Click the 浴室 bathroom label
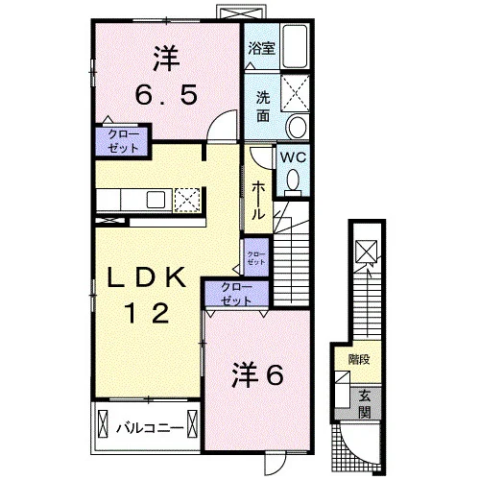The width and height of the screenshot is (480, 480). (x=262, y=48)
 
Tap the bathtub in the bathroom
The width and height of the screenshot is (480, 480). (x=295, y=46)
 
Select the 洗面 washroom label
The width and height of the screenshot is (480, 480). (x=263, y=107)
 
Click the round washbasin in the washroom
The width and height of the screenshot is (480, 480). (x=298, y=126)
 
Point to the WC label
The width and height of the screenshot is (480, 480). (x=293, y=157)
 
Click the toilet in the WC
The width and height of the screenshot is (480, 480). (x=293, y=182)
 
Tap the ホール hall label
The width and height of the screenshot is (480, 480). (x=258, y=201)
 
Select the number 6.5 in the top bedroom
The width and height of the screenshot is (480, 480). (x=166, y=95)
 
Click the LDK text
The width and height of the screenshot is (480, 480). (x=147, y=277)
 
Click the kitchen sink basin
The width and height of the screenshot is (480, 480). (x=156, y=200)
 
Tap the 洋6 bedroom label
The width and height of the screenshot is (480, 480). (x=257, y=374)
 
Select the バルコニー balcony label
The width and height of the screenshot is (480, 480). (x=150, y=428)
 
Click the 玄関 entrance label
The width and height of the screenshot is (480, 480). (x=365, y=404)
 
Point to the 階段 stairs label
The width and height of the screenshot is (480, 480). (x=359, y=360)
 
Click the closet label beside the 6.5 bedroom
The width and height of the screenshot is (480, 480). (x=123, y=141)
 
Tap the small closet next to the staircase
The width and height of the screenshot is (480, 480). (x=256, y=258)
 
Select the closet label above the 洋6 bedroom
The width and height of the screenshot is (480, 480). (x=236, y=294)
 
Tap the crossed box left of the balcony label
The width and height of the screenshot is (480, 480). (x=103, y=425)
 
